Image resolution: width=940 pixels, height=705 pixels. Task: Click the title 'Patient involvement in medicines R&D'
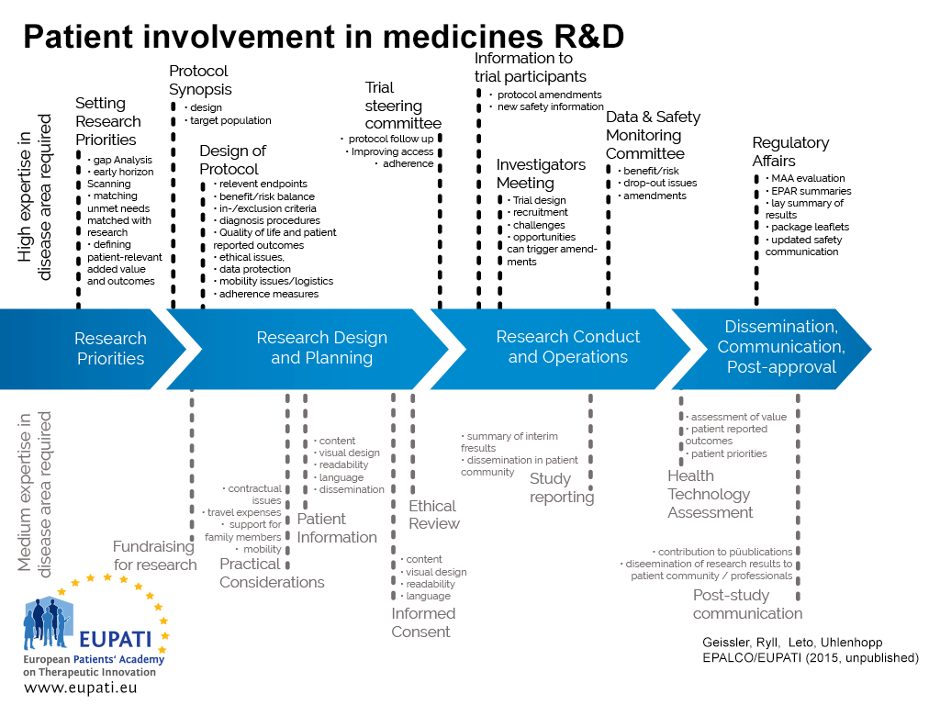[323, 36]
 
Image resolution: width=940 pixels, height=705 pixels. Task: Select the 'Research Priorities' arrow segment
[110, 349]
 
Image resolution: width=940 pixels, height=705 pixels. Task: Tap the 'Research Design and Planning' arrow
[321, 349]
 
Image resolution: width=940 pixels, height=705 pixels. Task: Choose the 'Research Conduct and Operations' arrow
[567, 347]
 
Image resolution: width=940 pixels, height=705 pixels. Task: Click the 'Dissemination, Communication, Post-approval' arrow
[780, 347]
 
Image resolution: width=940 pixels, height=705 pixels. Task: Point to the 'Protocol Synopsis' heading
[200, 80]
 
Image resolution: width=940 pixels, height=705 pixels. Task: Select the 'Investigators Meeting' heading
[541, 173]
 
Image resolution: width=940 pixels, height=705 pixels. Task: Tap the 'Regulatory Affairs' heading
[790, 151]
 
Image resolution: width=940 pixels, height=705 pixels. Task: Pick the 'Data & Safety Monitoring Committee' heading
[653, 135]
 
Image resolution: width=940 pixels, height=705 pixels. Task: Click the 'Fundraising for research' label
[155, 555]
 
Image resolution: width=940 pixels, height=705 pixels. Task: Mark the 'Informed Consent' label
[423, 622]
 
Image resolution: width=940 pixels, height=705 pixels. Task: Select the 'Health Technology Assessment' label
[710, 494]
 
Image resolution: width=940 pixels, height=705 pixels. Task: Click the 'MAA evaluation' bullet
[808, 179]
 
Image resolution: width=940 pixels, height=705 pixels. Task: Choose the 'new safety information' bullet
[550, 107]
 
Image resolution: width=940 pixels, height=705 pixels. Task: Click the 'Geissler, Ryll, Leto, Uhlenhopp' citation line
[791, 643]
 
